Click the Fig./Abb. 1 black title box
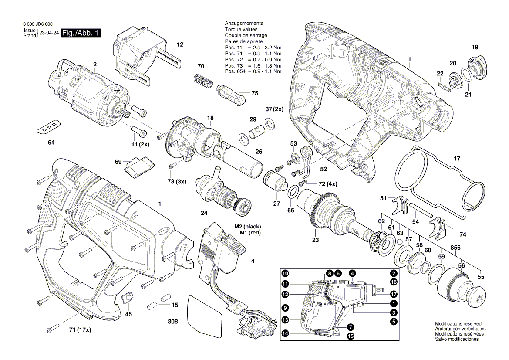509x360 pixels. pyautogui.click(x=81, y=33)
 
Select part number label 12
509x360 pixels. pyautogui.click(x=180, y=44)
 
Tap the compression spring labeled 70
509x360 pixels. pyautogui.click(x=201, y=80)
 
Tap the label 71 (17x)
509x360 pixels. pyautogui.click(x=80, y=330)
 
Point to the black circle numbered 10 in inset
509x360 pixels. pyautogui.click(x=285, y=274)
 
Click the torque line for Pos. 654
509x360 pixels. pyautogui.click(x=253, y=71)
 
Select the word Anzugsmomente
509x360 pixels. pyautogui.click(x=244, y=23)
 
